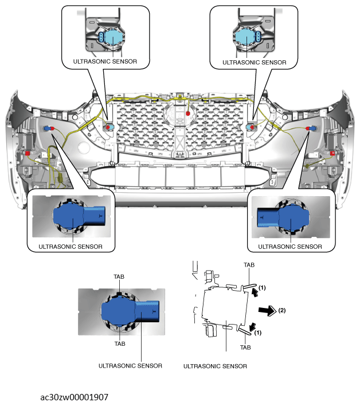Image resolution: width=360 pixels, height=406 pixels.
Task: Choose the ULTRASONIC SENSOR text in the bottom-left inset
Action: coord(71,247)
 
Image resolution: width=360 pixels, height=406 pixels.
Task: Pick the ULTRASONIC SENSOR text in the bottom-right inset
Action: coord(290,247)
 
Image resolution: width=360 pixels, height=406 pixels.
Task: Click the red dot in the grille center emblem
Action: coord(188,114)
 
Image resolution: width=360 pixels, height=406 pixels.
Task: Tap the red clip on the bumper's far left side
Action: coord(27,153)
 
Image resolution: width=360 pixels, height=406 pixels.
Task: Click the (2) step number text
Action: coord(281,311)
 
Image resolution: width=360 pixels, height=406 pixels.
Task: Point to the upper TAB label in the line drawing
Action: coord(249,266)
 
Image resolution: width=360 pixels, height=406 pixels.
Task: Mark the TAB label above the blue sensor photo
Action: coord(120,276)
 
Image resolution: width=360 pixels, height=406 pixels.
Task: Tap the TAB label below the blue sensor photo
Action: coord(120,344)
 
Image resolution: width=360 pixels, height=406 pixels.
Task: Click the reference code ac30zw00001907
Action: coord(75,396)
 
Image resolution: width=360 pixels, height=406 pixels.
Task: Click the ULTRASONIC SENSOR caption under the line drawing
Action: coord(215,366)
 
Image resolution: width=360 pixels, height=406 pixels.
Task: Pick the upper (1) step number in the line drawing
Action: coord(262,286)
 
